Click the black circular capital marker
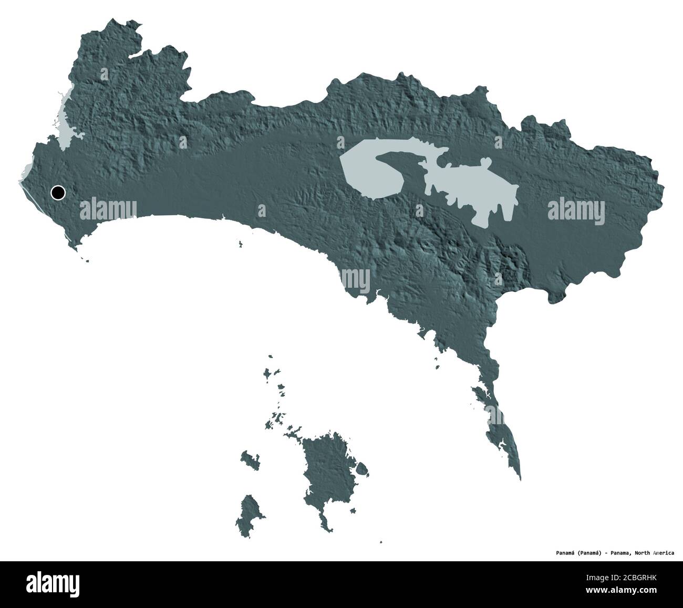pos(58,193)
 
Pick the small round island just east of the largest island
pos(362,468)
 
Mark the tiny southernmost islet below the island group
pos(381,543)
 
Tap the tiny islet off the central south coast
pos(240,244)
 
